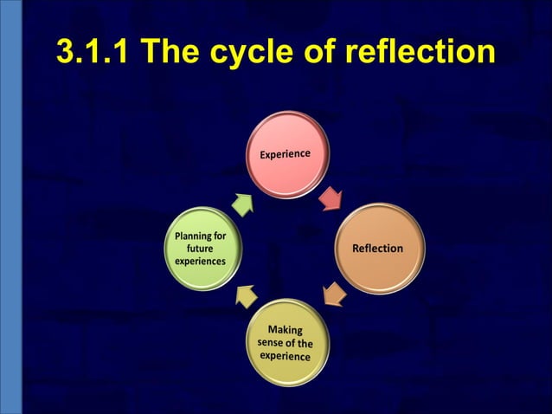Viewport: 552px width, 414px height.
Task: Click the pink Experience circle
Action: click(287, 155)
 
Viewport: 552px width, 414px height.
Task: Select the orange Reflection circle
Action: click(380, 249)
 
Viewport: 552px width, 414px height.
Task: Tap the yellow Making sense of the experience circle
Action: click(287, 343)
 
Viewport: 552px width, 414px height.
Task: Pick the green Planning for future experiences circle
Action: click(203, 249)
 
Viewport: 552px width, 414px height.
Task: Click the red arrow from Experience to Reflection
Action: click(331, 199)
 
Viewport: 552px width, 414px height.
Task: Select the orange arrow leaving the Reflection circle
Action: click(335, 294)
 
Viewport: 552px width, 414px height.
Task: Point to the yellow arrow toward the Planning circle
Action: click(247, 297)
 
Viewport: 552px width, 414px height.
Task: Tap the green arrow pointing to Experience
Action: click(243, 204)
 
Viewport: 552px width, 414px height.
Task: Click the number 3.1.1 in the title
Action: click(92, 51)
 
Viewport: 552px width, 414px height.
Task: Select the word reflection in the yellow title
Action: click(420, 50)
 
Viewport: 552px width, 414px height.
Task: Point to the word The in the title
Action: click(170, 50)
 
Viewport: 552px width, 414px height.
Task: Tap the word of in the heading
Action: click(319, 50)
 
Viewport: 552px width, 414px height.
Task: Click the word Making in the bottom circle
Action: click(286, 330)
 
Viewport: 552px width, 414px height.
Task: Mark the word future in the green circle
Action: click(200, 249)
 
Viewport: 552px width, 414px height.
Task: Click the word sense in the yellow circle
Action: click(270, 343)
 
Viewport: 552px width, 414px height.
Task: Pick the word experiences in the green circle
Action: click(201, 262)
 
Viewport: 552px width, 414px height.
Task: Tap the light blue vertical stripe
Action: click(11, 207)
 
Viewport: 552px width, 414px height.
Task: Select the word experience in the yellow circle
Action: click(286, 356)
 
